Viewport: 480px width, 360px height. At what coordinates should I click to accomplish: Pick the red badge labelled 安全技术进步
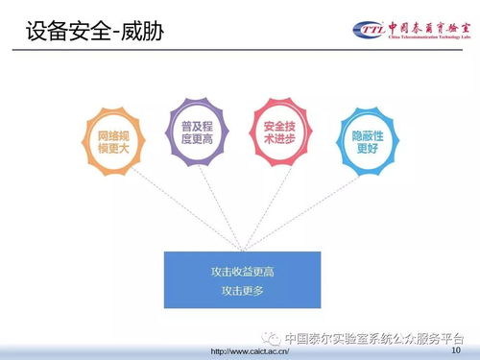[x=276, y=132]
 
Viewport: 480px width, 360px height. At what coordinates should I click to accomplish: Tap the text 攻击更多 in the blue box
[x=242, y=290]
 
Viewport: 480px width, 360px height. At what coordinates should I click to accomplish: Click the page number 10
[x=454, y=351]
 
